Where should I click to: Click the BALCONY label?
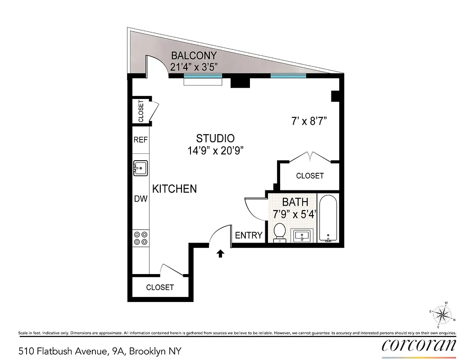[x=194, y=56]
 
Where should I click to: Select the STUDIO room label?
[x=215, y=139]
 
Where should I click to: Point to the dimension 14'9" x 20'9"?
[x=216, y=150]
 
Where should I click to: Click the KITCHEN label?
[x=174, y=189]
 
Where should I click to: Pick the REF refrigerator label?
[x=141, y=140]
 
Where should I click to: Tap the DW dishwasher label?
[x=141, y=198]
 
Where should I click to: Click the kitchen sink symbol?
[x=141, y=169]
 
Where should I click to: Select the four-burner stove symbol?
[x=141, y=238]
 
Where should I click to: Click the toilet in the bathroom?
[x=280, y=232]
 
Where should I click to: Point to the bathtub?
[x=329, y=218]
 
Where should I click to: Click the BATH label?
[x=295, y=202]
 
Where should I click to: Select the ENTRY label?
[x=249, y=235]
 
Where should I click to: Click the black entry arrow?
[x=221, y=254]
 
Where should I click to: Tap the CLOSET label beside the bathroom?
[x=310, y=176]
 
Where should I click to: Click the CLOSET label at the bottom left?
[x=160, y=287]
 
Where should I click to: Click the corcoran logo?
[x=419, y=345]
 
